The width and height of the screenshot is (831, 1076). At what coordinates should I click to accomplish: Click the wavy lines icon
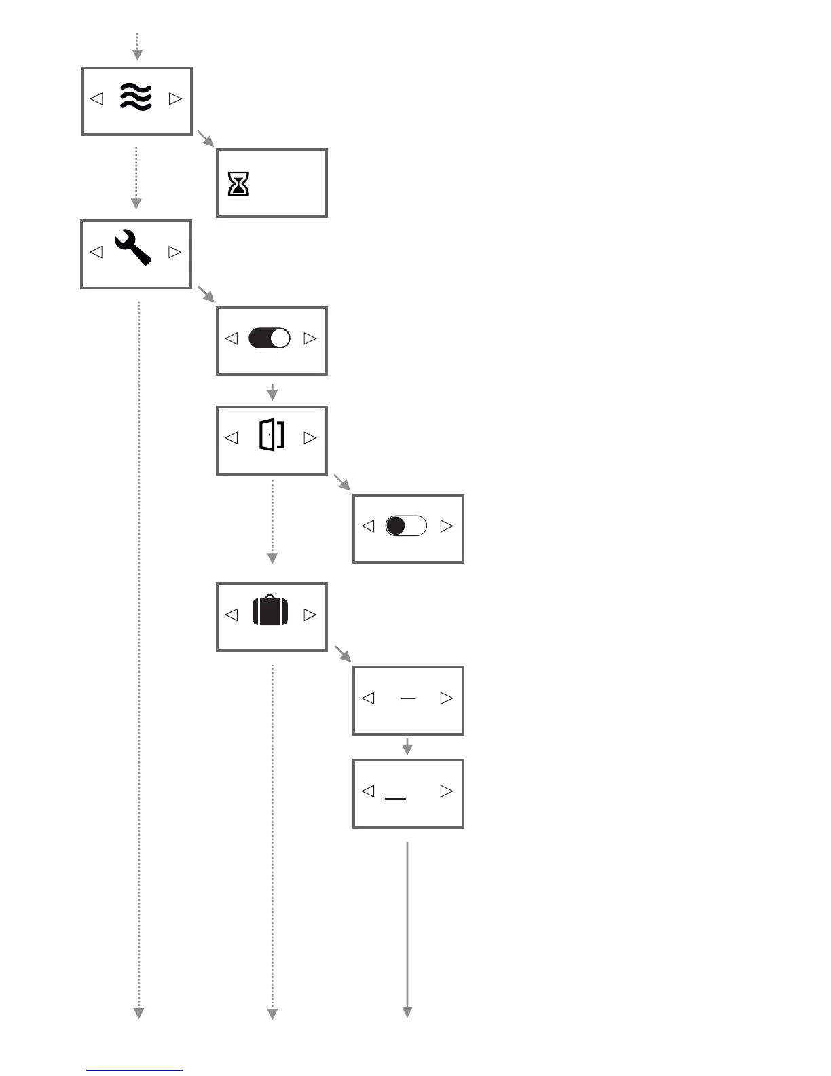136,97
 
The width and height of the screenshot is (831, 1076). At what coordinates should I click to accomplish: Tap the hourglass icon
238,183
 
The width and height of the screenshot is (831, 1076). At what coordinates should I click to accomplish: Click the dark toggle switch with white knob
270,338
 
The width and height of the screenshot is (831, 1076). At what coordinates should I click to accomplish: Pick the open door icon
272,435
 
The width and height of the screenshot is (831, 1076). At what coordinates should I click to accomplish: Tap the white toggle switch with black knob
406,526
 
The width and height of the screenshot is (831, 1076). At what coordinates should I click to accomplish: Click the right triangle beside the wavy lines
175,98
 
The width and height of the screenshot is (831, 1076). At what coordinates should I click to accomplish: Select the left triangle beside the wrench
96,252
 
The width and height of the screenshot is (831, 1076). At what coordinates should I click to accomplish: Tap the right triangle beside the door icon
310,437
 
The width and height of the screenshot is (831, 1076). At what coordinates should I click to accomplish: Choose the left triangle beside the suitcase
232,615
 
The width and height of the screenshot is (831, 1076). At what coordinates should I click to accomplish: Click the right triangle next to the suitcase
310,615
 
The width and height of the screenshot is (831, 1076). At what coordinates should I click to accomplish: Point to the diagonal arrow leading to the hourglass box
205,138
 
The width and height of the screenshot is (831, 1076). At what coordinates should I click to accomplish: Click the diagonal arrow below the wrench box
206,294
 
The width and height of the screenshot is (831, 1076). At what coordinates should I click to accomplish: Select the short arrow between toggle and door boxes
272,392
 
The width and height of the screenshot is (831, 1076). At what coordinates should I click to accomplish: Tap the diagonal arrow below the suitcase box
343,653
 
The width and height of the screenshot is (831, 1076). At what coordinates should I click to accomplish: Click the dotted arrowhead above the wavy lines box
137,54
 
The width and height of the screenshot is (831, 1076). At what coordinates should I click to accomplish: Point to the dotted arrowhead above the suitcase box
272,558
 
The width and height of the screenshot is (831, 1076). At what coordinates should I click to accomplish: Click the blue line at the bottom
134,1071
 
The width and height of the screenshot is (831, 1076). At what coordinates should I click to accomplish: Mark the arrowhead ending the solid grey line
407,1011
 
